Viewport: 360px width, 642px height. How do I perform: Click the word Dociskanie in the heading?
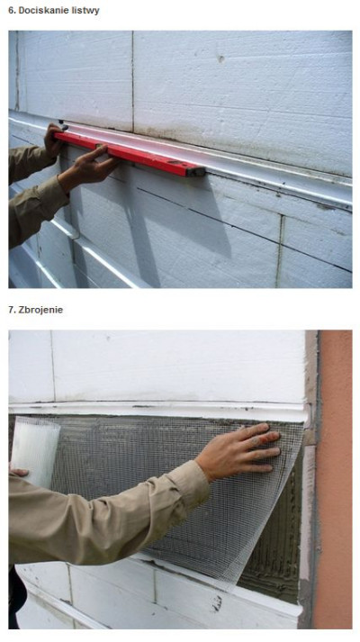(x=44, y=11)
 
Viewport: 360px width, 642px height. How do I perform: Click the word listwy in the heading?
(x=85, y=11)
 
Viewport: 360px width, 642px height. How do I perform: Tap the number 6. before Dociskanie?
(x=12, y=11)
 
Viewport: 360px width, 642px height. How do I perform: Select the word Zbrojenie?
(x=40, y=310)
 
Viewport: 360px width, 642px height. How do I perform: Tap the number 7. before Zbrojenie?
(x=12, y=310)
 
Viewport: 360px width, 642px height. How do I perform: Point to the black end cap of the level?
(x=196, y=172)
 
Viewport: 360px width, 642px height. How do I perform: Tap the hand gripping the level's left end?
(x=54, y=140)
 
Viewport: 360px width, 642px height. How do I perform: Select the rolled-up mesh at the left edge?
(x=35, y=450)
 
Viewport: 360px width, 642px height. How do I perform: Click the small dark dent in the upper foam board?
(x=220, y=59)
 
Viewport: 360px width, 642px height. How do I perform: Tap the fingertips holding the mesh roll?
(x=18, y=473)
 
